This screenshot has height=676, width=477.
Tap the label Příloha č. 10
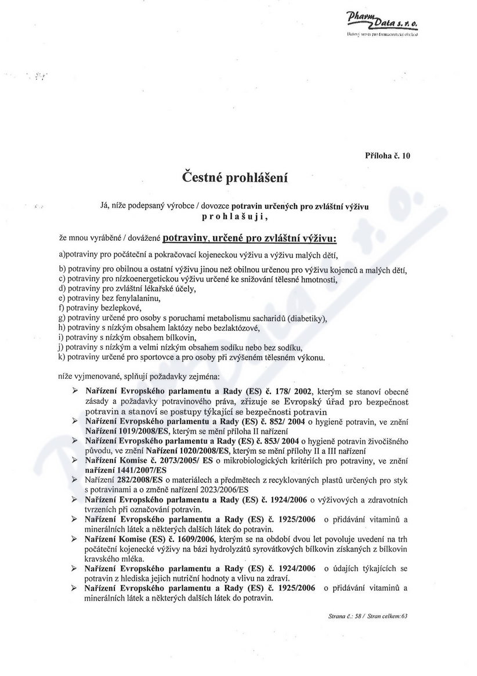[x=388, y=156]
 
